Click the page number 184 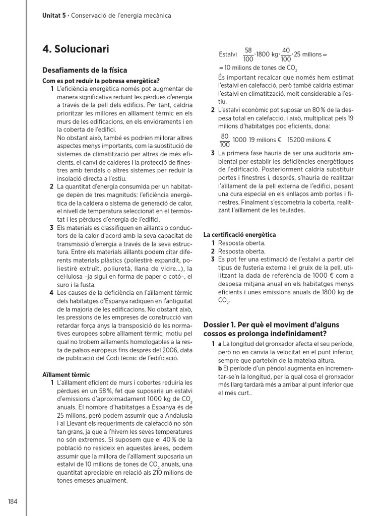pyautogui.click(x=13, y=501)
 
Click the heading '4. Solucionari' pyautogui.click(x=76, y=49)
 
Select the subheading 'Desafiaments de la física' pyautogui.click(x=85, y=70)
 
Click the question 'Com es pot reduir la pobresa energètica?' pyautogui.click(x=101, y=81)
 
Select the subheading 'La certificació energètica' pyautogui.click(x=239, y=235)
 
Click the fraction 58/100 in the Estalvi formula pyautogui.click(x=248, y=54)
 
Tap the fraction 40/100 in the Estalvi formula pyautogui.click(x=286, y=54)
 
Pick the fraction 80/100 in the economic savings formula pyautogui.click(x=225, y=140)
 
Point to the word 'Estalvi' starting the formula pyautogui.click(x=228, y=54)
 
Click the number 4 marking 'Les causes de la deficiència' pyautogui.click(x=52, y=292)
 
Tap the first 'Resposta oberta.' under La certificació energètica pyautogui.click(x=241, y=243)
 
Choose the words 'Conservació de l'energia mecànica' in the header pyautogui.click(x=121, y=16)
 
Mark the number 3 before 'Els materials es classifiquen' pyautogui.click(x=52, y=227)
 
